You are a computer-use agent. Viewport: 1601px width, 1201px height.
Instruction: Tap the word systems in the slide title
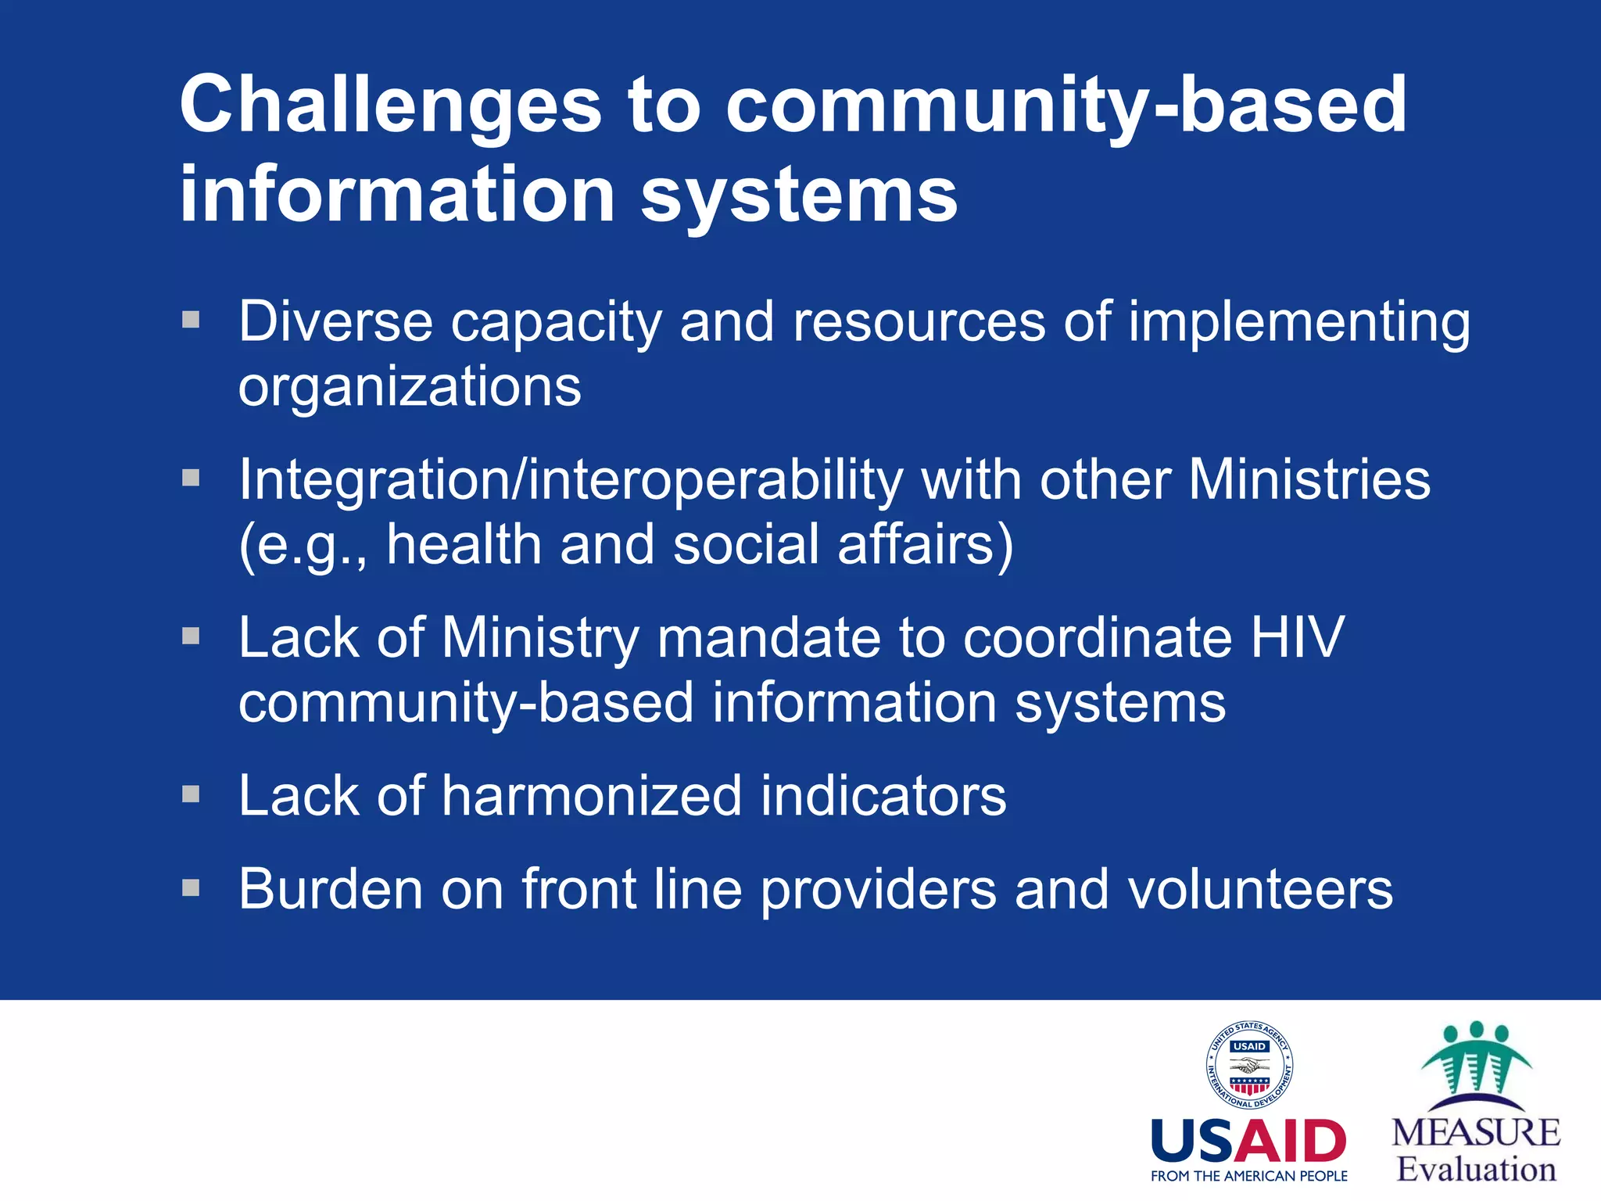pyautogui.click(x=799, y=195)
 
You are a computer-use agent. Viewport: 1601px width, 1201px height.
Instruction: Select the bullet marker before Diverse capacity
pyautogui.click(x=191, y=319)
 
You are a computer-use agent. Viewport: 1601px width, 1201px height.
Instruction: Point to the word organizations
pyautogui.click(x=410, y=387)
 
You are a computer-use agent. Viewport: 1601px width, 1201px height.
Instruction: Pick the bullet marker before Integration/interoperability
pyautogui.click(x=191, y=477)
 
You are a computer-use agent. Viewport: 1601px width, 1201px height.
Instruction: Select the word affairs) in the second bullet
pyautogui.click(x=926, y=545)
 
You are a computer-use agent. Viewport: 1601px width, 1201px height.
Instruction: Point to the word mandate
pyautogui.click(x=768, y=637)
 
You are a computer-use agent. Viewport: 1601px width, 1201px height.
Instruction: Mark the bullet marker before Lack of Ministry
pyautogui.click(x=191, y=636)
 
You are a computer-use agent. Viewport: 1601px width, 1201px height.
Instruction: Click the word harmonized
pyautogui.click(x=591, y=796)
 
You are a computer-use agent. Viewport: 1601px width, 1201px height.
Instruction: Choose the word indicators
pyautogui.click(x=883, y=796)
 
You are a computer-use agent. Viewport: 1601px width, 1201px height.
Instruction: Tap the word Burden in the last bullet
pyautogui.click(x=330, y=890)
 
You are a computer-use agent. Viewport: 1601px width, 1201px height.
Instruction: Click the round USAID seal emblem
pyautogui.click(x=1248, y=1065)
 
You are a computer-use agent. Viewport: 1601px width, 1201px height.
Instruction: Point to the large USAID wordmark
pyautogui.click(x=1248, y=1142)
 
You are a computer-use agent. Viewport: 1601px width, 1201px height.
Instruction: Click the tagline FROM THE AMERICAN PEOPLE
pyautogui.click(x=1248, y=1176)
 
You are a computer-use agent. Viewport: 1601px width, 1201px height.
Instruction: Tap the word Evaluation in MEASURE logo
pyautogui.click(x=1477, y=1170)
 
